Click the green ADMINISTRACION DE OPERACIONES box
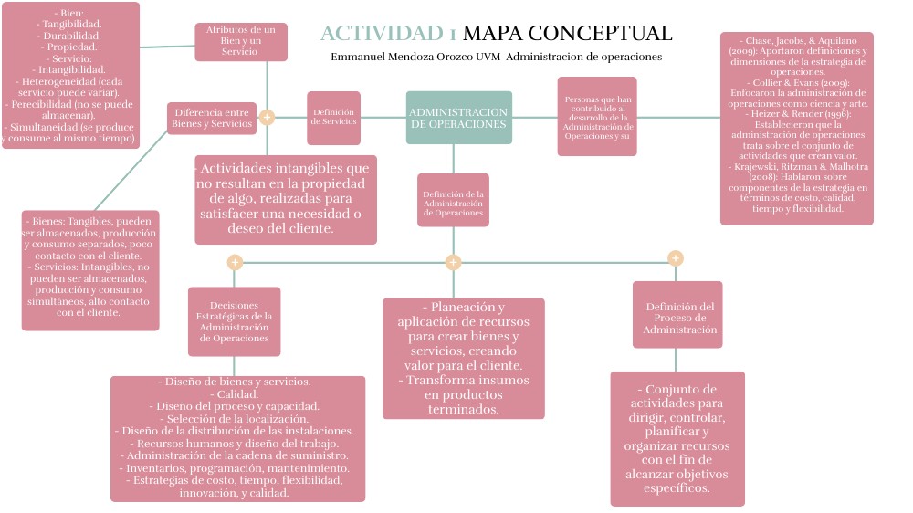tap(458, 118)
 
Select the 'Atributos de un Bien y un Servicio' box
tap(240, 41)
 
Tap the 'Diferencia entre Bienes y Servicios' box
tap(212, 118)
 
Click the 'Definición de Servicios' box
tap(333, 118)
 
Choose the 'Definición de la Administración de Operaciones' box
tap(453, 200)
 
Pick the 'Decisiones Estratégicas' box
tap(234, 321)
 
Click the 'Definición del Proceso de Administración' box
tap(677, 314)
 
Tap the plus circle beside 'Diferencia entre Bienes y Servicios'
tap(267, 117)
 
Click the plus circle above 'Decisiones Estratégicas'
tap(235, 263)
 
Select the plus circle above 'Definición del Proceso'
tap(676, 258)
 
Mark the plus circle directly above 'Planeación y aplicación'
tap(453, 263)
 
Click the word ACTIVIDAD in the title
tap(383, 34)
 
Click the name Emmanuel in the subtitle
tap(357, 58)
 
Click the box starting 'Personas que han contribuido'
tap(597, 117)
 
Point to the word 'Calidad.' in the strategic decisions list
tap(237, 393)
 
